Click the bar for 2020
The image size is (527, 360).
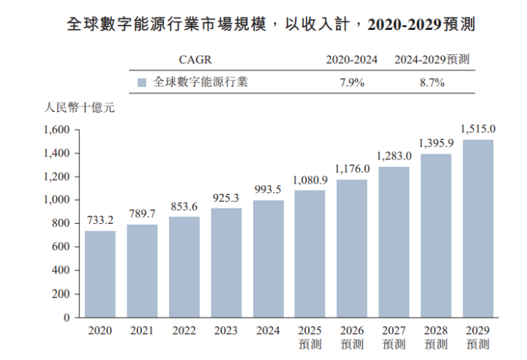click(x=100, y=274)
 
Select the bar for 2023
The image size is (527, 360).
click(x=226, y=263)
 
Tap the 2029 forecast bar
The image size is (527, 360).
click(x=478, y=228)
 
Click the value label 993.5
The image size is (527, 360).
click(x=268, y=190)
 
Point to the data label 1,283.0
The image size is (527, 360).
click(x=394, y=156)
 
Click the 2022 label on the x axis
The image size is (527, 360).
click(x=184, y=331)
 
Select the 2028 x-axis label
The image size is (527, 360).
click(x=436, y=331)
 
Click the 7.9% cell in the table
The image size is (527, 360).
click(x=351, y=83)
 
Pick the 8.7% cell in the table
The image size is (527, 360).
click(x=432, y=83)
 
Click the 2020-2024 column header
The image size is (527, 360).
click(x=351, y=59)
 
